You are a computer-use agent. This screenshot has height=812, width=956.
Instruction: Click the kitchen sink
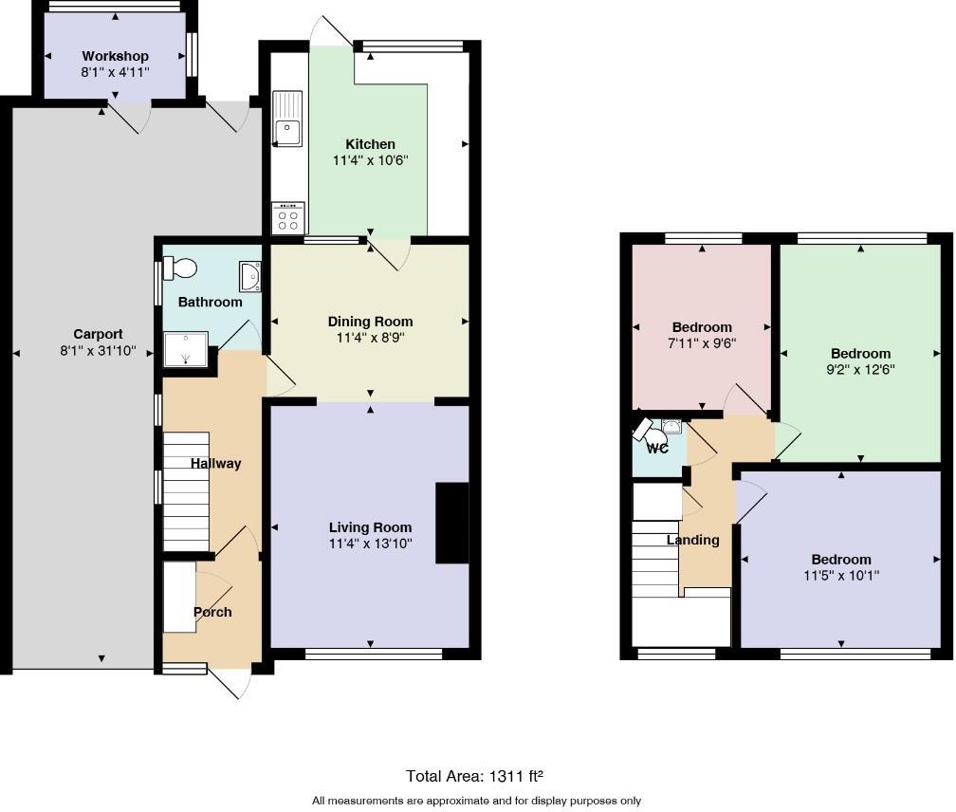pos(286,119)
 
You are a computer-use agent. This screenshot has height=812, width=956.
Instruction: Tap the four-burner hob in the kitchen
pos(287,218)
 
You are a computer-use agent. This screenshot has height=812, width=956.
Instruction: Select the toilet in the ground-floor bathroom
pos(182,269)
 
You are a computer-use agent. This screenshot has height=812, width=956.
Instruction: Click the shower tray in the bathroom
pos(186,348)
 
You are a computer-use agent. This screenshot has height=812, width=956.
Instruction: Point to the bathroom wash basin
pos(250,276)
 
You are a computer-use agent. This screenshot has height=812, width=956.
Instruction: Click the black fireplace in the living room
pos(451,525)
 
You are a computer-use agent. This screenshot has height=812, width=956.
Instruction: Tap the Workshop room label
pos(115,57)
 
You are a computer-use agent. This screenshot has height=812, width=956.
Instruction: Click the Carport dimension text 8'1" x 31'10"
pos(99,351)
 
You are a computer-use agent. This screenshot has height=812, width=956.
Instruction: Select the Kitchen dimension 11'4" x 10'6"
pos(370,161)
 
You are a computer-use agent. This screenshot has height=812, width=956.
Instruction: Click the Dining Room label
pos(370,322)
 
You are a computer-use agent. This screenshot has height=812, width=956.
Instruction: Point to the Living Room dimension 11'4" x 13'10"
pos(370,544)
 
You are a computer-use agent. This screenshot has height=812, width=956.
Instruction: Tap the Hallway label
pos(215,464)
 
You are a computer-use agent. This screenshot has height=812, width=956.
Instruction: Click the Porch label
pos(212,612)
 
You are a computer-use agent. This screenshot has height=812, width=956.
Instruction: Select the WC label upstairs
pos(657,448)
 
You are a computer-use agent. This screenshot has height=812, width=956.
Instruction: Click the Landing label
pos(692,540)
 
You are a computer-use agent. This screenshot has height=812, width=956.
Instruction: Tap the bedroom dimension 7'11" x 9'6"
pos(702,344)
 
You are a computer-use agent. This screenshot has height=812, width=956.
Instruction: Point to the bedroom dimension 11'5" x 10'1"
pos(840,576)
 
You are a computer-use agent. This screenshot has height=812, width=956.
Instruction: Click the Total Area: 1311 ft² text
pos(474,776)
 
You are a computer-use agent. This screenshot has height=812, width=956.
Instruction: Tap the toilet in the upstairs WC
pos(652,434)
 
